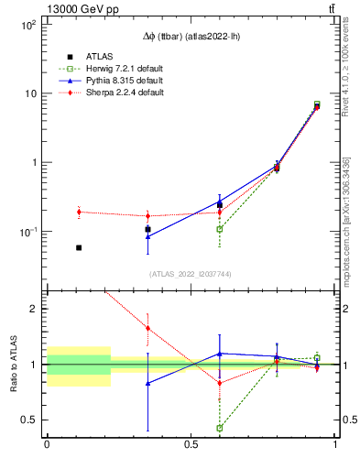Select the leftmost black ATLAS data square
pyautogui.click(x=79, y=247)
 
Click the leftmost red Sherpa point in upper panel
pyautogui.click(x=79, y=212)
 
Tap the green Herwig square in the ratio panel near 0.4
pyautogui.click(x=220, y=428)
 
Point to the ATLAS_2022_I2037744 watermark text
pyautogui.click(x=190, y=274)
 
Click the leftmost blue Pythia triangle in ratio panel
pyautogui.click(x=148, y=384)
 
